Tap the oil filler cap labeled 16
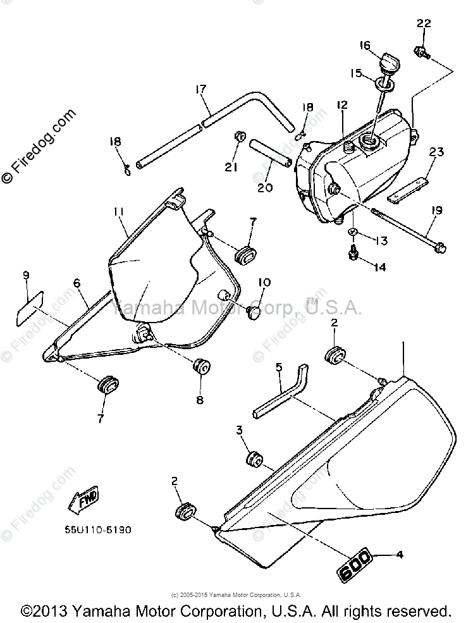click(x=386, y=64)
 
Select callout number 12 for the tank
click(x=341, y=104)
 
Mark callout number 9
click(x=26, y=275)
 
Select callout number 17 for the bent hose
click(x=200, y=90)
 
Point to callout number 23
click(x=437, y=152)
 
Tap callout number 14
click(x=379, y=268)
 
